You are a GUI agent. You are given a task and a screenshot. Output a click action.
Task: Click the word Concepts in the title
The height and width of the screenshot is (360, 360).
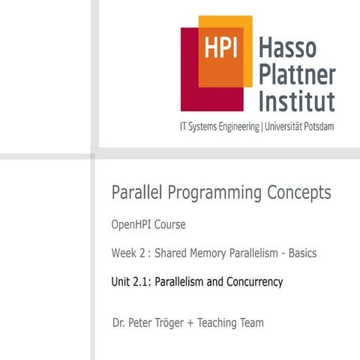coord(299,193)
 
